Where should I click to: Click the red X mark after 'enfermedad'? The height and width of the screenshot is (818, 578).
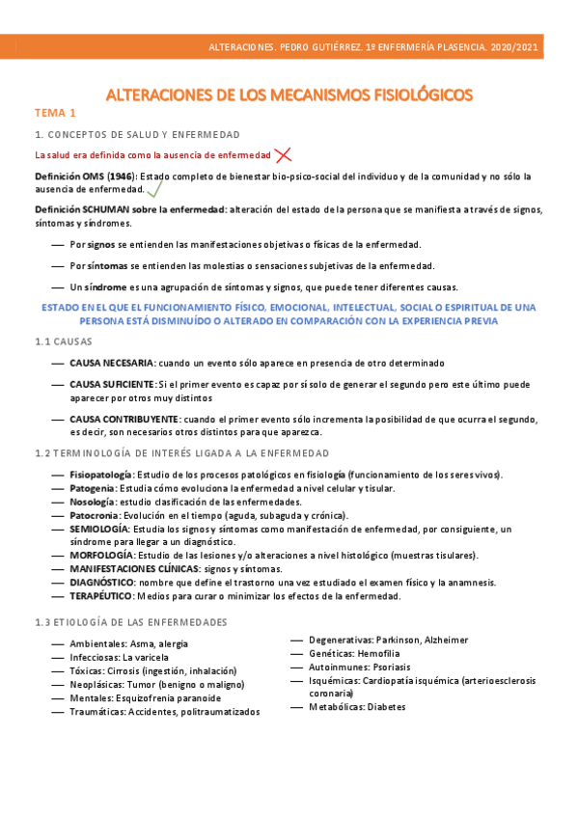point(283,154)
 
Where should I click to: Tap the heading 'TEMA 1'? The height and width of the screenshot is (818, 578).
point(55,113)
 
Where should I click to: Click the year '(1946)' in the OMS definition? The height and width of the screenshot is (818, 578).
point(121,177)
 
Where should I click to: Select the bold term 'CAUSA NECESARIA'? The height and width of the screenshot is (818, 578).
point(112,363)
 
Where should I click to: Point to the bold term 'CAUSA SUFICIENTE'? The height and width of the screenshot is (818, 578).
point(112,385)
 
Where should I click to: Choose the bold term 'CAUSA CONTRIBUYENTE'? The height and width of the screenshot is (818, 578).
point(124,419)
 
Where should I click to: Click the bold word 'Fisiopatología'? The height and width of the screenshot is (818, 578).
point(101,475)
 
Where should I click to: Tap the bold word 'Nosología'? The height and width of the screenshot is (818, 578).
point(92,502)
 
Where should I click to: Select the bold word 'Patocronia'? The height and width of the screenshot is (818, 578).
point(95,515)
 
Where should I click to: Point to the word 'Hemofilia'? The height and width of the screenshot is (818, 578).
point(380,653)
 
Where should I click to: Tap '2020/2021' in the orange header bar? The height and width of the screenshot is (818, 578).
point(512,47)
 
